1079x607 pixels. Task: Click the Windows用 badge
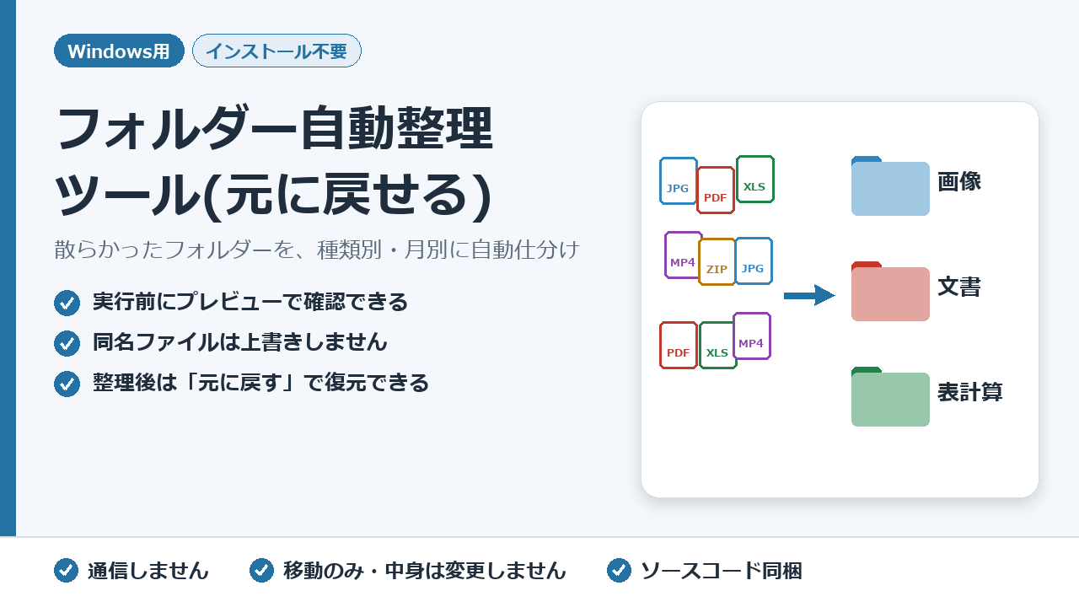(119, 51)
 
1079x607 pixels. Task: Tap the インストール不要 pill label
(277, 51)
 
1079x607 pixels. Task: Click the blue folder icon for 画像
(890, 186)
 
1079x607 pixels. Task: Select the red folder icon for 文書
(890, 292)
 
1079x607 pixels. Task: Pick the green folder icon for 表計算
(890, 397)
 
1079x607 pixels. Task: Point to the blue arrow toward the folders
(809, 295)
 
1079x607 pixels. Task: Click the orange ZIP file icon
(717, 262)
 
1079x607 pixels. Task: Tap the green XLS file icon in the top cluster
(755, 180)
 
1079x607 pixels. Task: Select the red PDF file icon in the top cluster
(716, 191)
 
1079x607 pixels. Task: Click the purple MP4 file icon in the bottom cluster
(752, 336)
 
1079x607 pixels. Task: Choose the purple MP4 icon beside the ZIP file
(682, 255)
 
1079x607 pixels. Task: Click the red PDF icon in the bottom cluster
(679, 346)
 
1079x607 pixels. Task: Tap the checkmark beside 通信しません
(66, 571)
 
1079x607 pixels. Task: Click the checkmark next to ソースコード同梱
(619, 571)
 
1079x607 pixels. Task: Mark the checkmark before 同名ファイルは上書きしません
(67, 343)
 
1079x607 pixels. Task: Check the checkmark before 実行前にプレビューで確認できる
(67, 303)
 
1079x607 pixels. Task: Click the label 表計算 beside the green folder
(969, 392)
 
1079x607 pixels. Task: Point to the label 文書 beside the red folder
(959, 287)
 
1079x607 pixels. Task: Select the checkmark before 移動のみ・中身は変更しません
(261, 571)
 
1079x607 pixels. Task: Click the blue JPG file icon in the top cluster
(679, 181)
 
